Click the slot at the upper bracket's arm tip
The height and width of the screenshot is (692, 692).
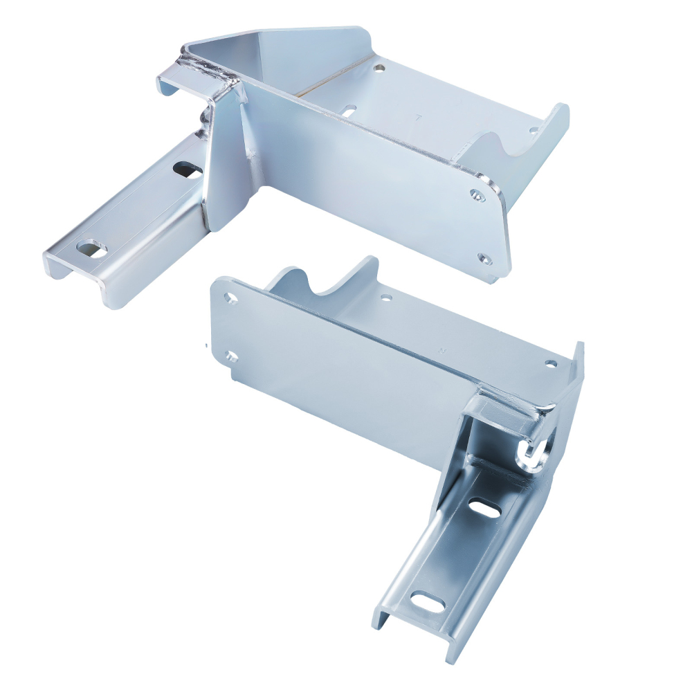click(x=91, y=248)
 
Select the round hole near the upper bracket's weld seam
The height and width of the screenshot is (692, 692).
click(x=379, y=69)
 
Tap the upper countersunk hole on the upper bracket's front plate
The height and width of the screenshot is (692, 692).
click(x=477, y=196)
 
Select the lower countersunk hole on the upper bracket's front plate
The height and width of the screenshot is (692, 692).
click(x=484, y=259)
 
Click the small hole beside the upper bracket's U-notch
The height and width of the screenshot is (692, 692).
click(x=534, y=129)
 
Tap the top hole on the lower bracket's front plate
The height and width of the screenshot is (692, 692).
click(x=230, y=298)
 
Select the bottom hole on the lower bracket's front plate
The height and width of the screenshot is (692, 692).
click(x=230, y=357)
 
